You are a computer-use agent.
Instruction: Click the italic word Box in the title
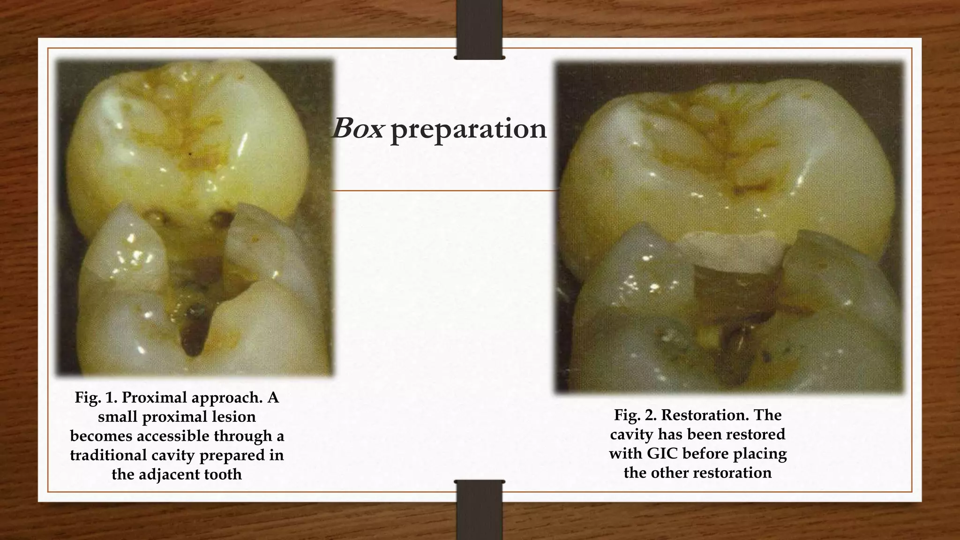[357, 128]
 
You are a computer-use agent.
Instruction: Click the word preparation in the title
[468, 129]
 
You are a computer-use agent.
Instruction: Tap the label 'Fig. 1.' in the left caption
[96, 397]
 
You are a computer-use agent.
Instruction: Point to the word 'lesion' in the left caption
[233, 417]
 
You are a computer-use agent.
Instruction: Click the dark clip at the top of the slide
[480, 29]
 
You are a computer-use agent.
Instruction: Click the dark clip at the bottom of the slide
[480, 510]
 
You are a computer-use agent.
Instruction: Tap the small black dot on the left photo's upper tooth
[189, 153]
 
